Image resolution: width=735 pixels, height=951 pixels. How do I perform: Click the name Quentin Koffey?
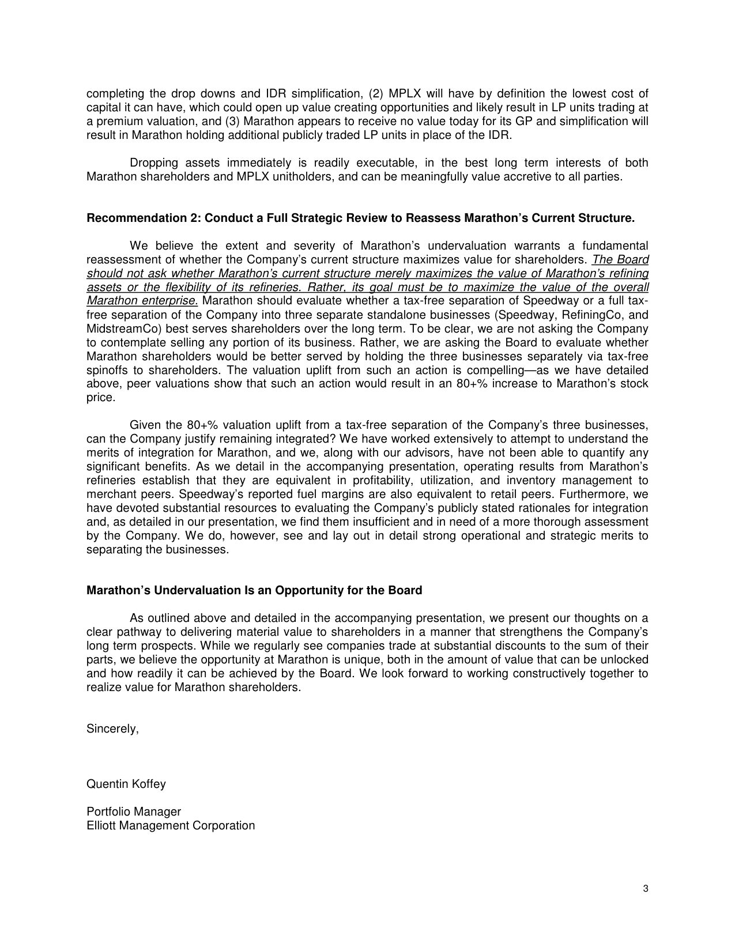(126, 784)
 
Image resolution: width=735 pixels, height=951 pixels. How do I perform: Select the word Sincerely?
(112, 729)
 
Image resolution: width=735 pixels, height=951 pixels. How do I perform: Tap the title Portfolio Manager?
(134, 812)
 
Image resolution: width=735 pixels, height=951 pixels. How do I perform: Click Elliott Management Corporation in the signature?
(171, 825)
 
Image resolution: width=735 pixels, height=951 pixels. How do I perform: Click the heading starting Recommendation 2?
(360, 218)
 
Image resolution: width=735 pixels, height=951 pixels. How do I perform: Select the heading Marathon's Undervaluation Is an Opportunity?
(254, 590)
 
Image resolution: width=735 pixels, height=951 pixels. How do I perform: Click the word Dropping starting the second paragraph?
(154, 163)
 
